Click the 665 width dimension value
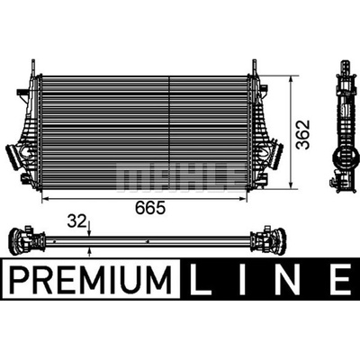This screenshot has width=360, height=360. click(150, 208)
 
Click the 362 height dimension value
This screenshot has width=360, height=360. click(302, 135)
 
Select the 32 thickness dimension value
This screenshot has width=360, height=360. click(76, 221)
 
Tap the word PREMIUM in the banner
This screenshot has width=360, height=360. click(91, 280)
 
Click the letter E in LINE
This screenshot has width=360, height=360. click(341, 280)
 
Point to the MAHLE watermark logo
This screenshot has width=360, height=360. click(179, 177)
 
